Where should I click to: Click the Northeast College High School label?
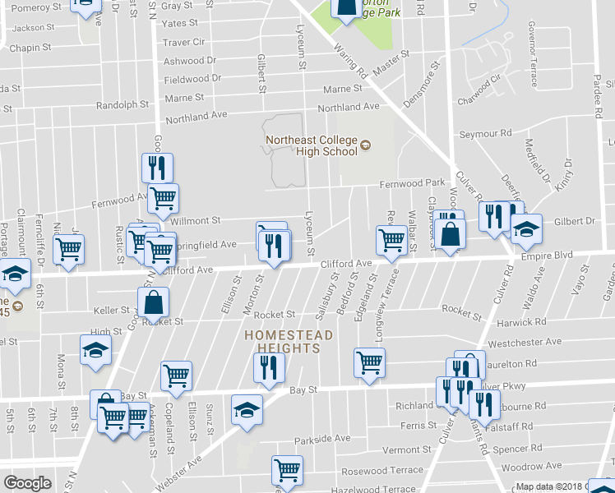tap(312, 145)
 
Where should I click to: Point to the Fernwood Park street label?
tap(411, 182)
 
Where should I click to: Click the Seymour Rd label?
tap(485, 133)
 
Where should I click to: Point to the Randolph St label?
tap(123, 105)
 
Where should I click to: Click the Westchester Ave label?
tap(524, 342)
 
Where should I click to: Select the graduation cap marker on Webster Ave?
tap(246, 410)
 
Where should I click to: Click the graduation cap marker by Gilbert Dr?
tap(527, 229)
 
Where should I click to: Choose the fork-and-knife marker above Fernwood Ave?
tap(155, 168)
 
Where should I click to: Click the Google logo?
tap(27, 483)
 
